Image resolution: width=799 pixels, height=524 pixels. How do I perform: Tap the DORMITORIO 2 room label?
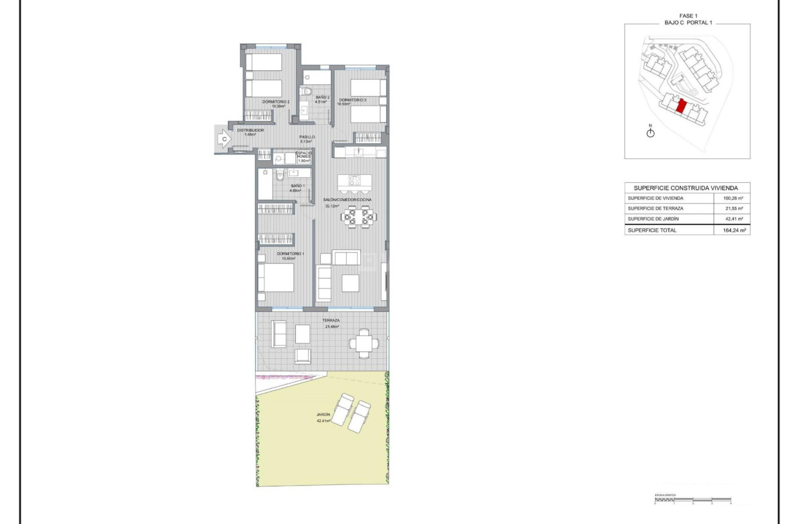pyautogui.click(x=275, y=101)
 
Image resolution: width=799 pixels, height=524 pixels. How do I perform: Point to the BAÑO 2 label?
pyautogui.click(x=322, y=98)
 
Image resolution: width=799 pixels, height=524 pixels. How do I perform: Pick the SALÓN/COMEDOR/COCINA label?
pyautogui.click(x=348, y=199)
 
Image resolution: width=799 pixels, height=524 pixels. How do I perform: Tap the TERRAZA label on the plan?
pyautogui.click(x=331, y=320)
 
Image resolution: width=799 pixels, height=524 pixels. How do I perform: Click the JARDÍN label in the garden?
pyautogui.click(x=323, y=415)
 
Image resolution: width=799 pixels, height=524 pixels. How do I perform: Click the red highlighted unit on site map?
pyautogui.click(x=681, y=107)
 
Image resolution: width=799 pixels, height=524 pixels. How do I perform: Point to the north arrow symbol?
pyautogui.click(x=650, y=132)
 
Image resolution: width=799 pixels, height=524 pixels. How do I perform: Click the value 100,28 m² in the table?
pyautogui.click(x=733, y=199)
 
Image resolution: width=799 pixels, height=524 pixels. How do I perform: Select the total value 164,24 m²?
pyautogui.click(x=733, y=230)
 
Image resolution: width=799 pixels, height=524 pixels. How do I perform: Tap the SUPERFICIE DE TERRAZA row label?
pyautogui.click(x=655, y=208)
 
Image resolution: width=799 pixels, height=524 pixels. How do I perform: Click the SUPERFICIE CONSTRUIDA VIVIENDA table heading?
pyautogui.click(x=687, y=188)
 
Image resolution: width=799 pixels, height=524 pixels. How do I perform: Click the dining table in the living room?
pyautogui.click(x=357, y=216)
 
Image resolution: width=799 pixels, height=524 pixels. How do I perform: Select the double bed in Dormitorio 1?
pyautogui.click(x=276, y=278)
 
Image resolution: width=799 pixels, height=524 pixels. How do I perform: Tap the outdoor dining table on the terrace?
pyautogui.click(x=363, y=343)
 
